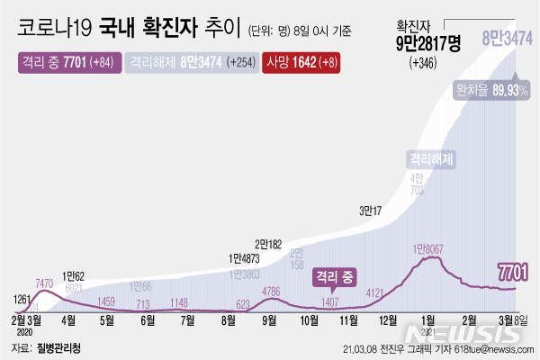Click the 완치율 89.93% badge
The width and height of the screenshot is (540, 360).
(x=492, y=89)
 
